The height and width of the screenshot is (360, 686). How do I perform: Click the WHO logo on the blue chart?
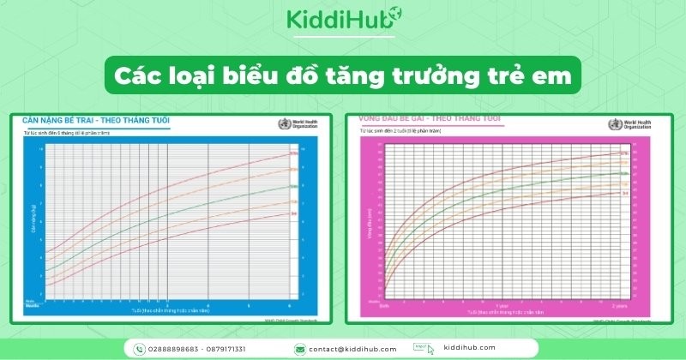tap(283, 124)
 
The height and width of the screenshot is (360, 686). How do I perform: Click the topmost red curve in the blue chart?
tap(171, 184)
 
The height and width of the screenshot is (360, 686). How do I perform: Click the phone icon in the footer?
tap(140, 349)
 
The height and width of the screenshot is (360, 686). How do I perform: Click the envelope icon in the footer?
tap(300, 349)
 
